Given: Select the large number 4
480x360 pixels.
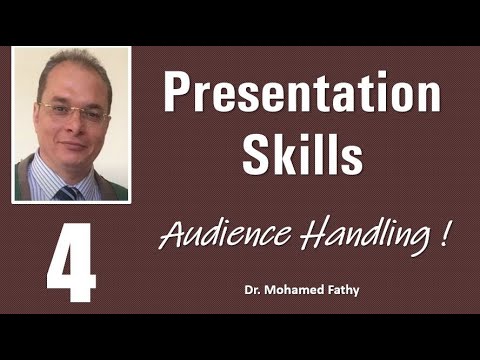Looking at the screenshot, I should pos(70,263).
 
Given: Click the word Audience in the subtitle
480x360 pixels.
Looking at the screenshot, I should pos(210,237).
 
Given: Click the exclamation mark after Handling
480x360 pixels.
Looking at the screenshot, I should pos(440,235).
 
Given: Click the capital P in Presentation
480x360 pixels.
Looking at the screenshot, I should pos(179,95).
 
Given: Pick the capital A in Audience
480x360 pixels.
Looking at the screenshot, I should pos(171,237).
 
